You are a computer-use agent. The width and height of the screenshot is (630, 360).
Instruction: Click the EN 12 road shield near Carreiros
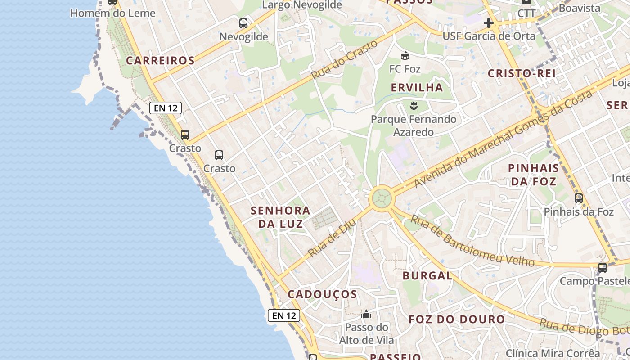tap(166, 108)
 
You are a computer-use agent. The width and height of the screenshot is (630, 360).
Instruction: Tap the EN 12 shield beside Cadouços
tap(284, 315)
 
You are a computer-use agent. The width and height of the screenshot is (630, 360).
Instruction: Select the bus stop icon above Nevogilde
tap(243, 23)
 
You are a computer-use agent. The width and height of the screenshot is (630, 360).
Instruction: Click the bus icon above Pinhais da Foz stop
tap(579, 198)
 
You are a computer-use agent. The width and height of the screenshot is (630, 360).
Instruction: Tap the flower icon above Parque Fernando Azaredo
tap(413, 106)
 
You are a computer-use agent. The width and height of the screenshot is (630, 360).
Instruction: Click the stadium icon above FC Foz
tap(405, 56)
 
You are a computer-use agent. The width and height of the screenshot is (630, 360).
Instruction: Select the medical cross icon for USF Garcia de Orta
tap(489, 23)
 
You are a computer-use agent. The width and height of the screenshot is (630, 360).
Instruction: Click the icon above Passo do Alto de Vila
tap(366, 314)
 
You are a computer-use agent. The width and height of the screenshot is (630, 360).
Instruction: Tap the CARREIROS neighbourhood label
tap(160, 60)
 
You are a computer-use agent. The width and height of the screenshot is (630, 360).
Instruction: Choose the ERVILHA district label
tap(417, 87)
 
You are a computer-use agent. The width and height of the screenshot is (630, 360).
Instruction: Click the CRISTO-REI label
tap(522, 73)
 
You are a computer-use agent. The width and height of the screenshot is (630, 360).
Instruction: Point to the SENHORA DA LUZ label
tap(280, 216)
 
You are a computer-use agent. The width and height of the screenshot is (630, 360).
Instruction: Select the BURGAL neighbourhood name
tap(427, 276)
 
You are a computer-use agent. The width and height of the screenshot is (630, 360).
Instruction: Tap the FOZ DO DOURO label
tap(457, 319)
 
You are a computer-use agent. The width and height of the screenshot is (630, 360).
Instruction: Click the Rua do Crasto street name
tap(344, 60)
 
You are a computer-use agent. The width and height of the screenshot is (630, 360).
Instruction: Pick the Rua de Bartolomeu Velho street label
tap(472, 242)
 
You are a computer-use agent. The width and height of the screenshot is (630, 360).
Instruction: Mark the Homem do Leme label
tap(113, 13)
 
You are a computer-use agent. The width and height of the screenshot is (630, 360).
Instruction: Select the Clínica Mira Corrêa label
tap(553, 353)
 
